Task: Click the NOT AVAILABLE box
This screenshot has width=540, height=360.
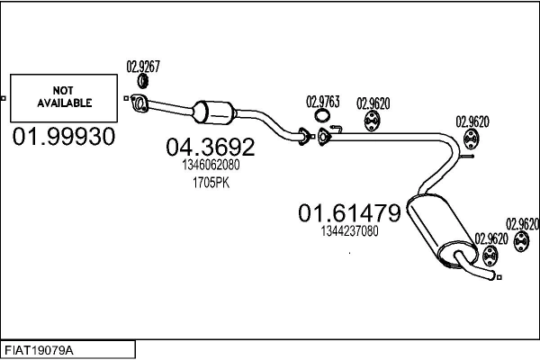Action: tap(64, 98)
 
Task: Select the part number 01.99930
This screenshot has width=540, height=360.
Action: tap(64, 138)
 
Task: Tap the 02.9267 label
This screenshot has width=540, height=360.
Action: tap(143, 65)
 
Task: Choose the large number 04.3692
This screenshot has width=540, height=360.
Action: tap(209, 147)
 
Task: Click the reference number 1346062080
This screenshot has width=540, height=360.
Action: tap(209, 166)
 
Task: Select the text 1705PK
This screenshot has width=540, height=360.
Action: tap(209, 183)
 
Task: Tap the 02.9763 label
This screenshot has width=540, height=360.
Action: tap(323, 102)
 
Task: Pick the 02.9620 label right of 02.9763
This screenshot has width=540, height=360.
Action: tap(373, 102)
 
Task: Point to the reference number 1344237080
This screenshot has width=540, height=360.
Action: tap(348, 231)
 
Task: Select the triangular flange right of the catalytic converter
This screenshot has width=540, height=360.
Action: tap(324, 136)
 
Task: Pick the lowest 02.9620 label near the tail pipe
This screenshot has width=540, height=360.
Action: tap(492, 238)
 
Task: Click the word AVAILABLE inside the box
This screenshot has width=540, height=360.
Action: tap(64, 103)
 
